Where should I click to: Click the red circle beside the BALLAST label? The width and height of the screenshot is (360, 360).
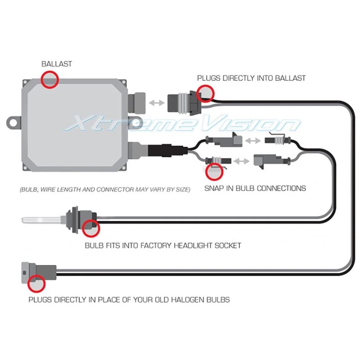point(50,79)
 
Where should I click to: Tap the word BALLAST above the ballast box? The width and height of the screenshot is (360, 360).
point(56,64)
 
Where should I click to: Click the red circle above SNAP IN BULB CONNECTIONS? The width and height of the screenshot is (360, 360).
point(214,171)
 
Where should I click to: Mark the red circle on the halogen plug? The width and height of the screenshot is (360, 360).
point(36,284)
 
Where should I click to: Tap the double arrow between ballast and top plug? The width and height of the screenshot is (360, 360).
point(157,103)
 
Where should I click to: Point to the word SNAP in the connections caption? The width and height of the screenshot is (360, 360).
point(214,188)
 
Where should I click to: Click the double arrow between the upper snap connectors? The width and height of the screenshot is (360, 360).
point(254,141)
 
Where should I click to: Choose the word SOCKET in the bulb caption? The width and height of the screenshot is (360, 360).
point(228,246)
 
